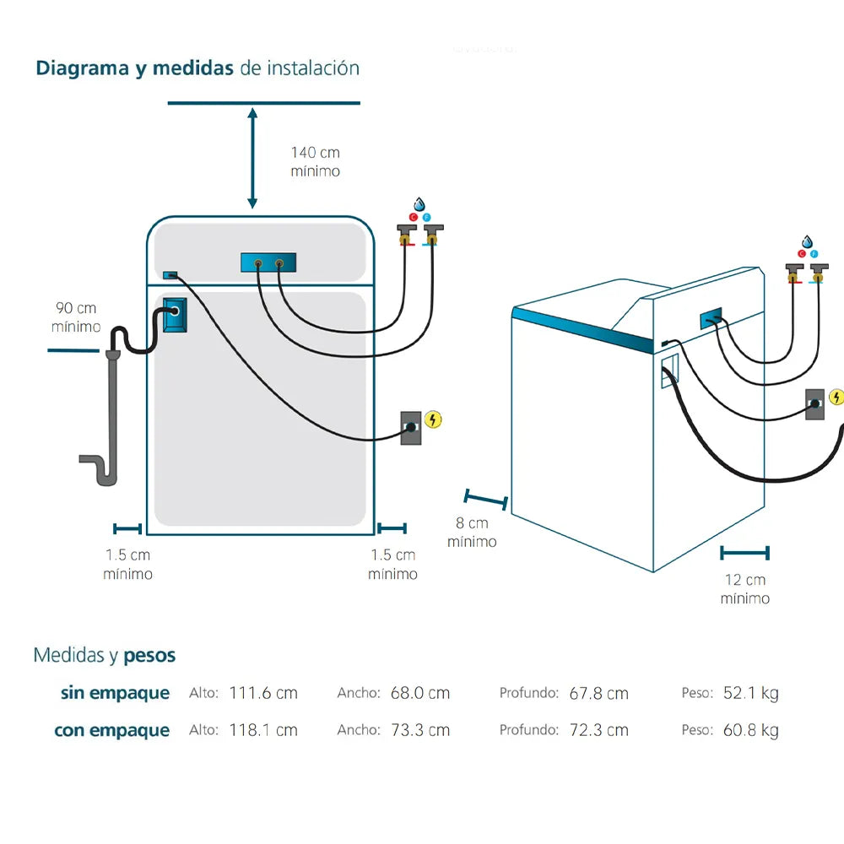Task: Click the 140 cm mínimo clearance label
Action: [316, 161]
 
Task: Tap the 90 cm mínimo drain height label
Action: [76, 317]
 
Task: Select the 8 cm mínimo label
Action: [472, 533]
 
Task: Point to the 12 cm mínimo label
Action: [745, 589]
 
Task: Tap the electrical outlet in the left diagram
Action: [410, 427]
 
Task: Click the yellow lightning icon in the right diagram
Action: [836, 397]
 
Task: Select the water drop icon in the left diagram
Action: [419, 204]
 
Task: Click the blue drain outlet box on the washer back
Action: [174, 313]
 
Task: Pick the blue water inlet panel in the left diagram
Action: [268, 263]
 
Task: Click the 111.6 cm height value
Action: [263, 693]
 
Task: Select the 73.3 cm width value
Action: [420, 730]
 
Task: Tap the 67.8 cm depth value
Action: [598, 693]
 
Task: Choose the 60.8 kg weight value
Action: [750, 730]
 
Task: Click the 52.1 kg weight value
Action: [750, 693]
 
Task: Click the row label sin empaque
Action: [115, 694]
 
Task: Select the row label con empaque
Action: [112, 731]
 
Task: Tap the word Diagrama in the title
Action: [81, 68]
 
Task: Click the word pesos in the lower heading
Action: [149, 655]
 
